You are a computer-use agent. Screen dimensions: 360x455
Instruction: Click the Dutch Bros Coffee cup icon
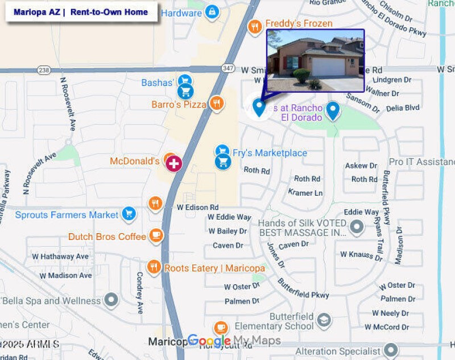click(x=156, y=235)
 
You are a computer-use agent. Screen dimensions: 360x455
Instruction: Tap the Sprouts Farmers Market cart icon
click(x=129, y=214)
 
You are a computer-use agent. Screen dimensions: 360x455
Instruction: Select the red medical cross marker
click(x=173, y=164)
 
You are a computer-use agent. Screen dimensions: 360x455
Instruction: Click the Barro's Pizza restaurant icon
click(x=216, y=104)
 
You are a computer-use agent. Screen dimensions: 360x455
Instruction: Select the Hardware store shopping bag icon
click(x=212, y=12)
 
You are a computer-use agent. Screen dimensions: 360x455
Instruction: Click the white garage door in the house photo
click(x=328, y=67)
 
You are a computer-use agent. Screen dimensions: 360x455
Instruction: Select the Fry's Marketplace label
click(x=270, y=153)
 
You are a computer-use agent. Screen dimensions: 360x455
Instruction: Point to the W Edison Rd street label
click(x=197, y=208)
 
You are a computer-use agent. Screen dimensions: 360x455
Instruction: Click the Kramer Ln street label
click(x=305, y=193)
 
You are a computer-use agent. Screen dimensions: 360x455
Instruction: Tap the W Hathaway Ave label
click(x=60, y=256)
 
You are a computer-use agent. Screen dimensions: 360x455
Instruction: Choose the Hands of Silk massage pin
click(x=357, y=227)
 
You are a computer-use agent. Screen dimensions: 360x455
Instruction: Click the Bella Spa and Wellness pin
click(x=111, y=299)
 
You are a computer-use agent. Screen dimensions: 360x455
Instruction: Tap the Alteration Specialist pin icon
click(x=390, y=350)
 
